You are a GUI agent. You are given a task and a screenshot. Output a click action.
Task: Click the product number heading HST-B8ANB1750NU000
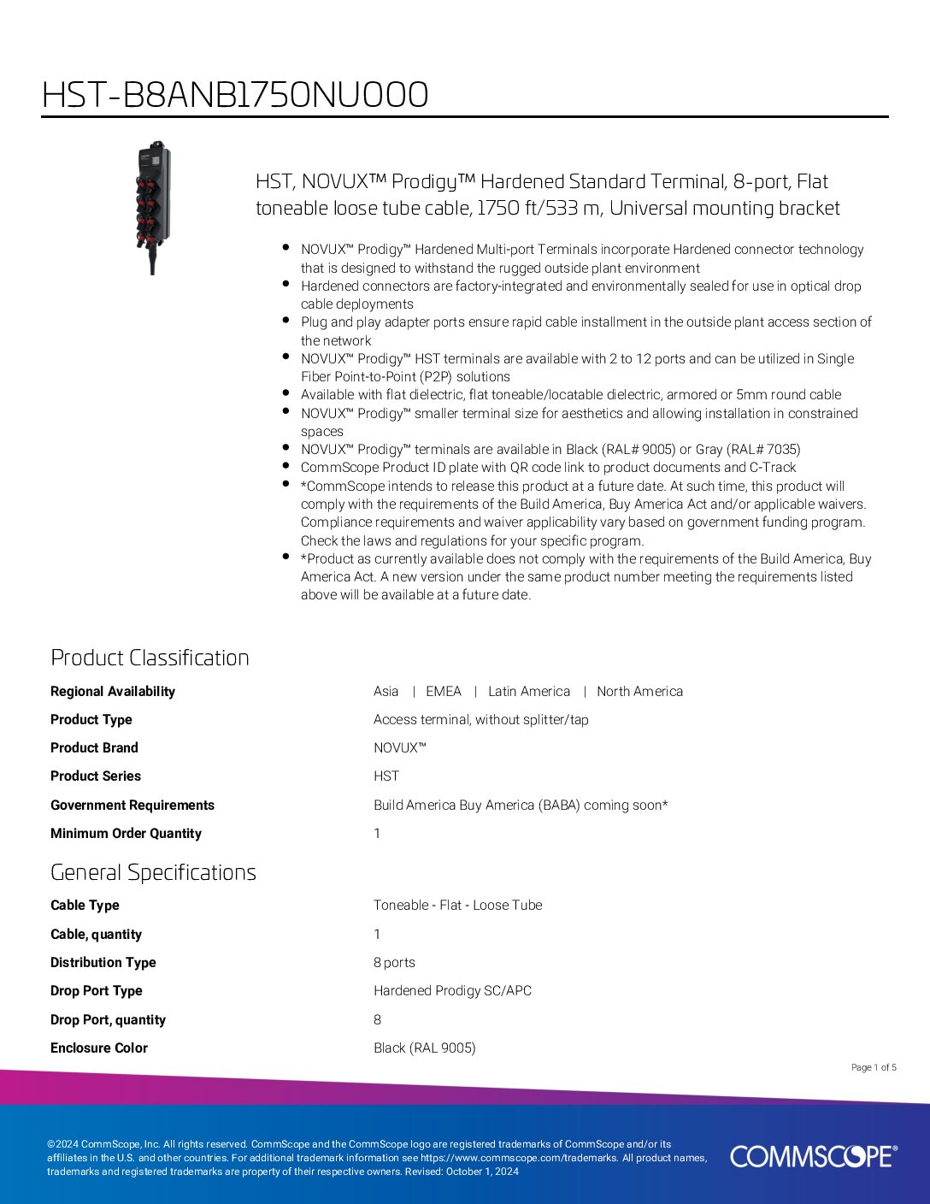click(x=235, y=95)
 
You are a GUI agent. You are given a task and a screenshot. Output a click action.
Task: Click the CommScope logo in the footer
click(x=813, y=1156)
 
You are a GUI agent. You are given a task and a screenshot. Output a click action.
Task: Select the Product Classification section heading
click(x=150, y=658)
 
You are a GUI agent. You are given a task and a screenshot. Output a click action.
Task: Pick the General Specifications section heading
click(x=153, y=872)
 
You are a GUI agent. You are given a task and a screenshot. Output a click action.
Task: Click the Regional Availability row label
click(x=113, y=691)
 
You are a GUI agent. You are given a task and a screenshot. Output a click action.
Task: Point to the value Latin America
click(x=528, y=691)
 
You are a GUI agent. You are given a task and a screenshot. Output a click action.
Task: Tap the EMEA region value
click(x=443, y=691)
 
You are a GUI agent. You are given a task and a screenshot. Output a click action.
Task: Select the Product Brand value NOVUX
click(x=399, y=747)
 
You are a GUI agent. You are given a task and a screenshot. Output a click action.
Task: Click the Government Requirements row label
click(x=132, y=805)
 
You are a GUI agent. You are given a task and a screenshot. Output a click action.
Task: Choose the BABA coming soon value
click(x=521, y=805)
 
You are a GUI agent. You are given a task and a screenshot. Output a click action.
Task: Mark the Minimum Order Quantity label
click(x=126, y=833)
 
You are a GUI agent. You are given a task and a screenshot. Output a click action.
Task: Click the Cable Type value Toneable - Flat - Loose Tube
click(x=457, y=905)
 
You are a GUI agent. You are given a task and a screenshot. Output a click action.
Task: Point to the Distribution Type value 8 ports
click(x=394, y=962)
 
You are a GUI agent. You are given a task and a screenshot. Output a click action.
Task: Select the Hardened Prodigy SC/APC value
click(x=452, y=990)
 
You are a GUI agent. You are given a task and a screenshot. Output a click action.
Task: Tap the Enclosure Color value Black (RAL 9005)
click(x=424, y=1048)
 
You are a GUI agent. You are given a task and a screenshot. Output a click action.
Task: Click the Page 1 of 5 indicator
click(x=874, y=1067)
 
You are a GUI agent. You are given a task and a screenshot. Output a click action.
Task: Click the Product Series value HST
click(x=386, y=776)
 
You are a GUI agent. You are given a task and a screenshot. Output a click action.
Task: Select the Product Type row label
click(x=91, y=719)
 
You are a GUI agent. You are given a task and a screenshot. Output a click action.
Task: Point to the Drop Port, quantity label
click(x=108, y=1019)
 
